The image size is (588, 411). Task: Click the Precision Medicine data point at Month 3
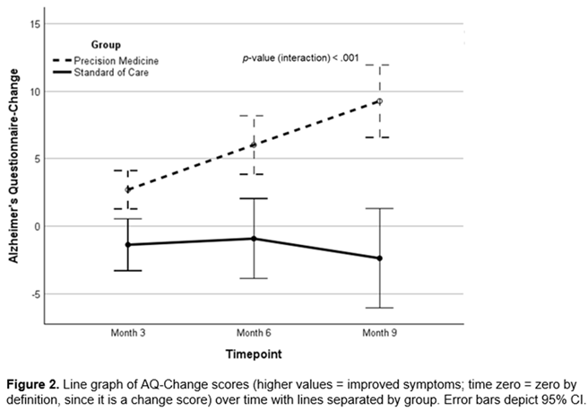(128, 189)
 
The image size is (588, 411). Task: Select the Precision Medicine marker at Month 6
(254, 144)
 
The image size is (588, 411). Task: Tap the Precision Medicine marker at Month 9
(379, 101)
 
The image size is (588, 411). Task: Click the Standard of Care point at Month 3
(128, 245)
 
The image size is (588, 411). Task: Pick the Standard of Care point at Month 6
(254, 239)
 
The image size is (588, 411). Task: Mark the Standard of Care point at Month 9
(379, 258)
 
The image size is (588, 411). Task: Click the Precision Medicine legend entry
(106, 60)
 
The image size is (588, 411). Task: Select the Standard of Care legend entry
(100, 72)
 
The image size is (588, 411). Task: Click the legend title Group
(106, 45)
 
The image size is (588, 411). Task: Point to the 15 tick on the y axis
(36, 24)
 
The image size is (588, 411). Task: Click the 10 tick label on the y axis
(36, 92)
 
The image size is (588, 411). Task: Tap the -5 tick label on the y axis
(36, 294)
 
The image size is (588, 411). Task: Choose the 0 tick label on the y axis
(38, 226)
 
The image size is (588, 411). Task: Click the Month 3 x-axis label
(128, 333)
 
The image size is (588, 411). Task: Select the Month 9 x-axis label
(379, 333)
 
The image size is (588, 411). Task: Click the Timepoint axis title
(254, 354)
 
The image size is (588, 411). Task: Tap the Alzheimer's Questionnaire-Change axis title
(13, 166)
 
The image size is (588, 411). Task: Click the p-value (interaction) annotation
(300, 58)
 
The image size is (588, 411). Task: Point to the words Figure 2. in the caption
(33, 385)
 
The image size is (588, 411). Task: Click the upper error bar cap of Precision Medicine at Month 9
(379, 65)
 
